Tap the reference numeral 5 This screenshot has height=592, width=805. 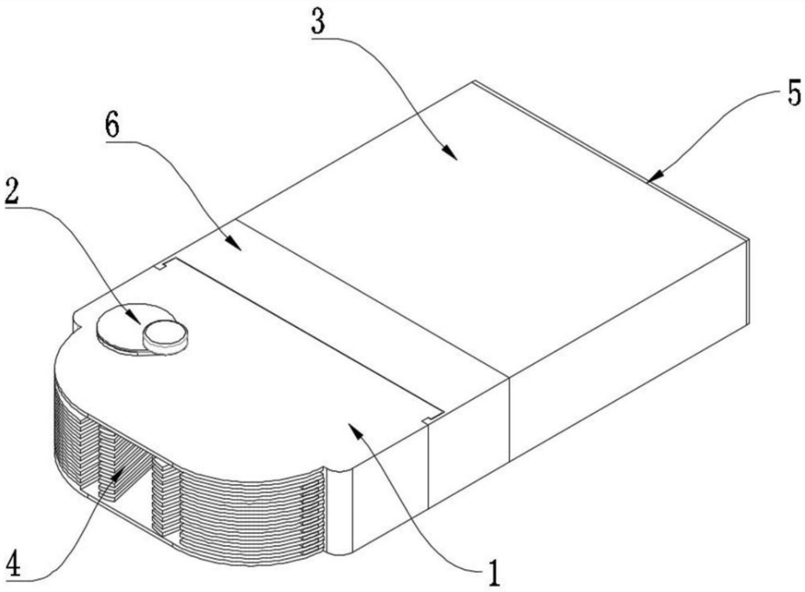794,94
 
